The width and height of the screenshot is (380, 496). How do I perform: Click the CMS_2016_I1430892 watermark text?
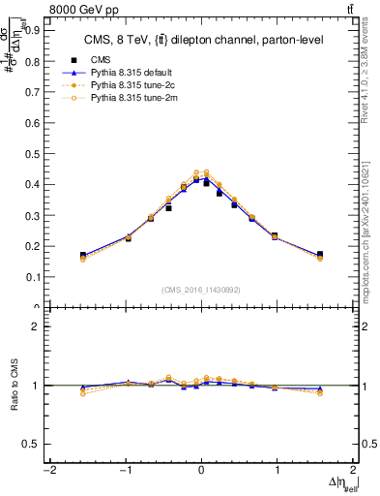[x=201, y=291]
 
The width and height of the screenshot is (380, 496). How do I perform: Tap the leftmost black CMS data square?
[x=83, y=256]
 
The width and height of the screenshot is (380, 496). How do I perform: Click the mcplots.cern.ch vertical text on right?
[x=372, y=232]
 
